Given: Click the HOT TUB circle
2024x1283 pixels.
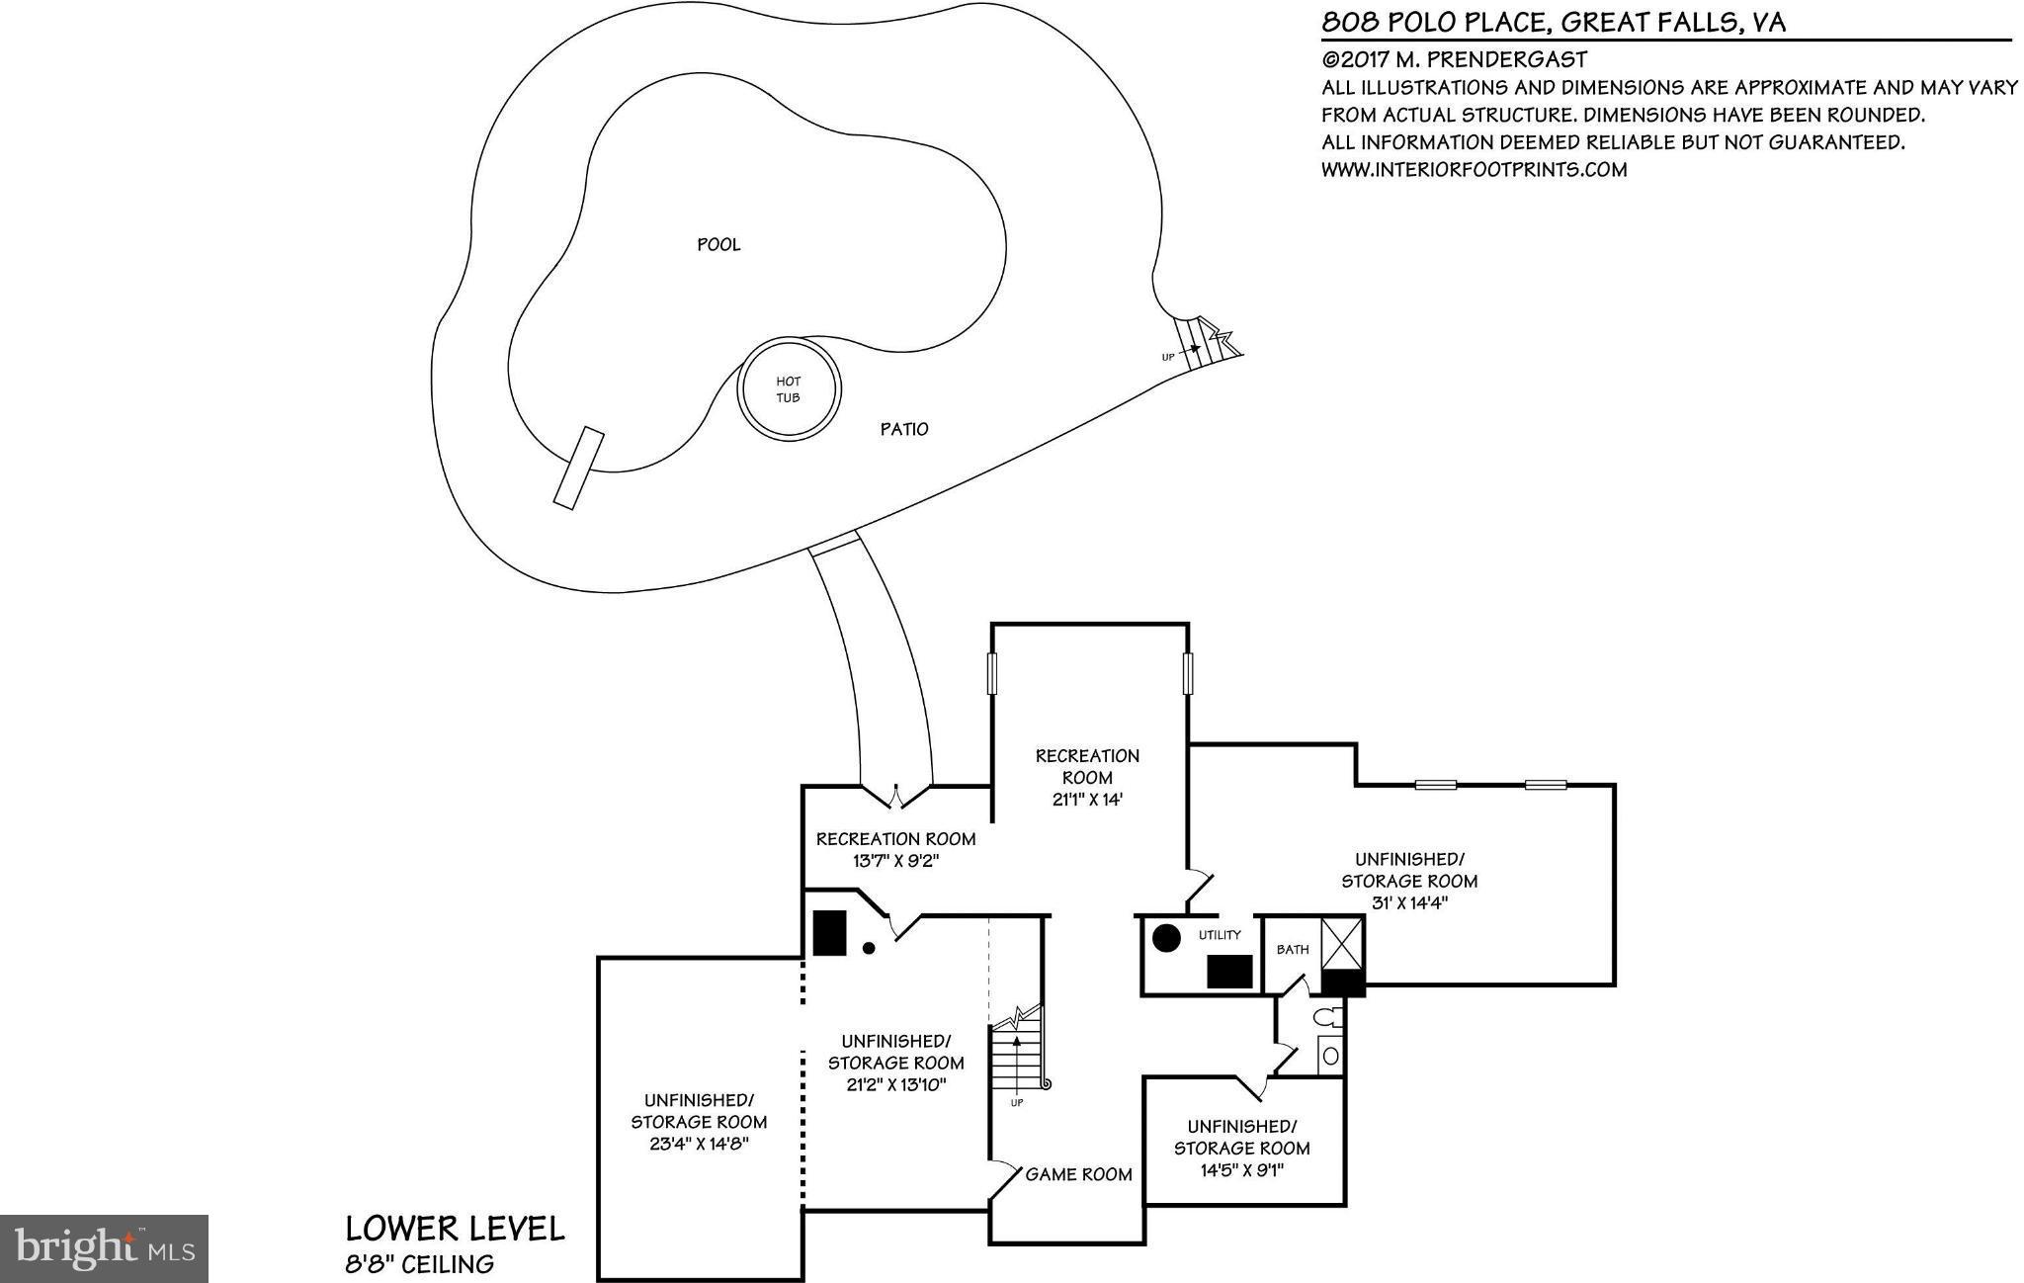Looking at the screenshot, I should click(x=789, y=389).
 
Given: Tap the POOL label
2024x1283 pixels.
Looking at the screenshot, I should click(x=718, y=245).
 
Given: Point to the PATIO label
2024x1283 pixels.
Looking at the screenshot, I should click(x=904, y=429).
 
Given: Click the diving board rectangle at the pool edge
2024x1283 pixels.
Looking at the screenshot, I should click(x=579, y=468).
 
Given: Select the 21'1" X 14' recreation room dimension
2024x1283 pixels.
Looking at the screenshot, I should click(x=1087, y=800).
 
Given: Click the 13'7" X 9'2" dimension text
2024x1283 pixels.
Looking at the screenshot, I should click(x=895, y=861).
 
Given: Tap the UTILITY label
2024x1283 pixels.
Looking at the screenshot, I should click(x=1220, y=935).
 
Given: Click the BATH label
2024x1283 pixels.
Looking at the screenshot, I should click(x=1293, y=950).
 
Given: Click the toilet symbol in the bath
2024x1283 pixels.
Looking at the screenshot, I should click(x=1328, y=1017).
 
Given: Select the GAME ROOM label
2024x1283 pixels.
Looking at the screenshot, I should click(x=1078, y=1174).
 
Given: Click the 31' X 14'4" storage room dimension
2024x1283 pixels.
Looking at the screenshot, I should click(x=1409, y=902).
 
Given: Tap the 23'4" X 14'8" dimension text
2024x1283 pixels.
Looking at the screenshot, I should click(x=699, y=1144).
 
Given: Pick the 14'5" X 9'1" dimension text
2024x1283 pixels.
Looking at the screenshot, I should click(x=1241, y=1170).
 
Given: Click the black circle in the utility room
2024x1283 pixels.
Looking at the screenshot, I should click(x=1166, y=938).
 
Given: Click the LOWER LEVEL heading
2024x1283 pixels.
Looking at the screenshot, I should click(x=455, y=1229).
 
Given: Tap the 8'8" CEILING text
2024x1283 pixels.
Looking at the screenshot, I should click(x=419, y=1263).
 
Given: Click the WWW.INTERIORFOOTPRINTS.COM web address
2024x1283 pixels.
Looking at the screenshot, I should click(x=1474, y=169).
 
